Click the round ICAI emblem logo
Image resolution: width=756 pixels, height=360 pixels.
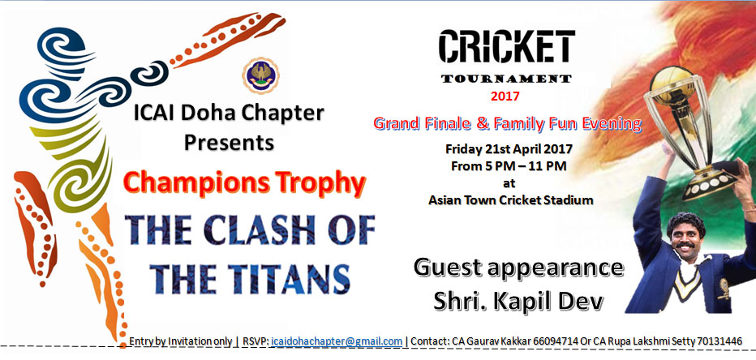[x=260, y=75]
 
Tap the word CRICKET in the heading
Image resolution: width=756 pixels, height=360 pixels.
[x=507, y=47]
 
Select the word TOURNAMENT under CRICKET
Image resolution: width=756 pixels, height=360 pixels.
[x=506, y=79]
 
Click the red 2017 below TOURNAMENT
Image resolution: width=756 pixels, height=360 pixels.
[x=505, y=96]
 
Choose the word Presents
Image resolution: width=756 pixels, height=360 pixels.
[x=229, y=143]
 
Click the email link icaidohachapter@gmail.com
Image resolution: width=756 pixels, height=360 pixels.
[x=337, y=341]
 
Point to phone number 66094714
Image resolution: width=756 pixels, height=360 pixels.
[x=556, y=341]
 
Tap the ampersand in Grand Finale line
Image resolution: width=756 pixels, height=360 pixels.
[x=483, y=124]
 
